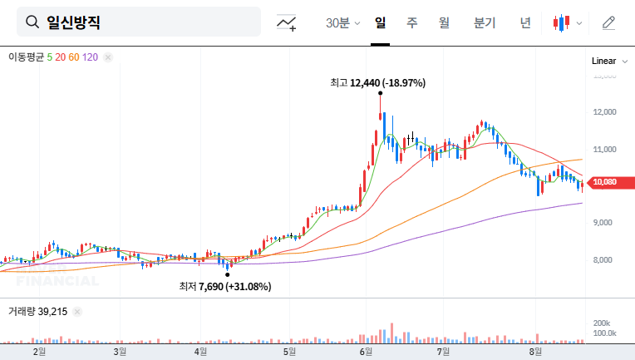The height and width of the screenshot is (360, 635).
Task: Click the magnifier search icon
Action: [32, 22]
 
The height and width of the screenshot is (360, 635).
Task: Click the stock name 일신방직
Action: [74, 22]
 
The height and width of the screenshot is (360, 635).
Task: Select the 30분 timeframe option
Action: [342, 22]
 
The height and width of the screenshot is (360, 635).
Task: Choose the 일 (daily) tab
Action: [381, 22]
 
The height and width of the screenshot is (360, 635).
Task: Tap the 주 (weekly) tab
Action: [411, 22]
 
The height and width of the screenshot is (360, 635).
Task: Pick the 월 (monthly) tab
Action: [444, 22]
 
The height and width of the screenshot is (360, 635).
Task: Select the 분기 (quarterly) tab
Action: [484, 22]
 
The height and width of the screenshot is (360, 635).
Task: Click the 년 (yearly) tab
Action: [525, 22]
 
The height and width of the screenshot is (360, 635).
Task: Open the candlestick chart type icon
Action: [563, 22]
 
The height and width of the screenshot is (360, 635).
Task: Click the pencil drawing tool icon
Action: [608, 22]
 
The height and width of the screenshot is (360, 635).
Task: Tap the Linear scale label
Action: [603, 62]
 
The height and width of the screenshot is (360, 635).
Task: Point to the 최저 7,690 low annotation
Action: [224, 286]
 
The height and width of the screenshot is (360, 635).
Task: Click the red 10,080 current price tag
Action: [606, 182]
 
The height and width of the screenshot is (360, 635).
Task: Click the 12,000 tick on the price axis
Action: [603, 112]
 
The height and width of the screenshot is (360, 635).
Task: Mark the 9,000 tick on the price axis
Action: [603, 223]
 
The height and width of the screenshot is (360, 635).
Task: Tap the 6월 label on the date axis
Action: [366, 352]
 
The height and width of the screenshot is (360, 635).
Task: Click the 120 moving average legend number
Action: [91, 57]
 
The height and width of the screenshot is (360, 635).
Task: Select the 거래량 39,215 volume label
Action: [37, 311]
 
